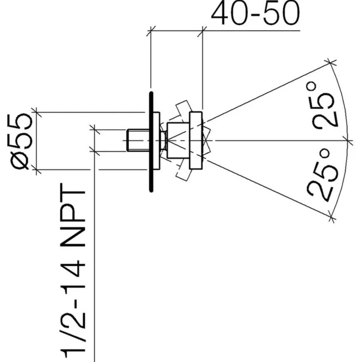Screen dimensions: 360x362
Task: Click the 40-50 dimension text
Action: (256, 13)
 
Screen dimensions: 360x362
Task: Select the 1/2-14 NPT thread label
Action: (73, 272)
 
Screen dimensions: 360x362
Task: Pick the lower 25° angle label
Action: (323, 175)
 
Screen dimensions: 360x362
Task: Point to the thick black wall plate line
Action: (151, 142)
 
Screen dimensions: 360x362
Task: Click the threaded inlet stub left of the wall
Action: (138, 141)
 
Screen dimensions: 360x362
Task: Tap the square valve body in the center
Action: (178, 141)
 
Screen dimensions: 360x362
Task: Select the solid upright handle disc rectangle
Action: (196, 141)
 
